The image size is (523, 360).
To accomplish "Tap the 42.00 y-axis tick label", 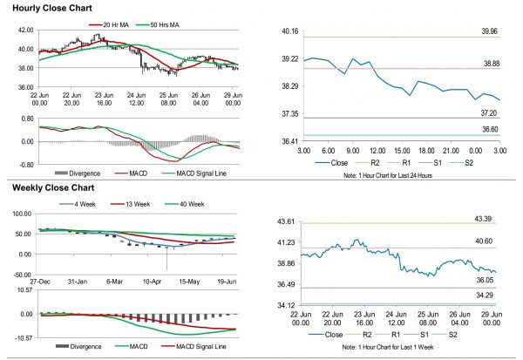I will (x=25, y=29).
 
